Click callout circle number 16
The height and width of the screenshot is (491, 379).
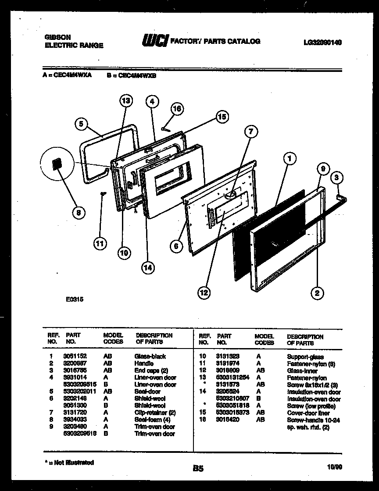point(176,109)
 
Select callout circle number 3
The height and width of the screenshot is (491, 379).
point(336,177)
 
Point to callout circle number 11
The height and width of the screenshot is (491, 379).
point(100,243)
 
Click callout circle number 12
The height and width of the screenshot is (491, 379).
point(203,292)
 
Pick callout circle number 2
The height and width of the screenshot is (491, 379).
point(316,292)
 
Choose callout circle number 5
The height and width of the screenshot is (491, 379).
point(81,124)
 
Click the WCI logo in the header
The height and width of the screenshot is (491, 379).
point(154,41)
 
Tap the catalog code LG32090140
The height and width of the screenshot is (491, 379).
point(322,43)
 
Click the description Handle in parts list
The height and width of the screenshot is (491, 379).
point(144,363)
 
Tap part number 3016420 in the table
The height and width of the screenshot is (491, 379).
point(227,420)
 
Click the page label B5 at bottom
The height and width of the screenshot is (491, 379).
point(198,469)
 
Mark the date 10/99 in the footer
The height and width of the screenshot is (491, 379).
point(335,468)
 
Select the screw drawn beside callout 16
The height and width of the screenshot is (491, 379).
point(164,128)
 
